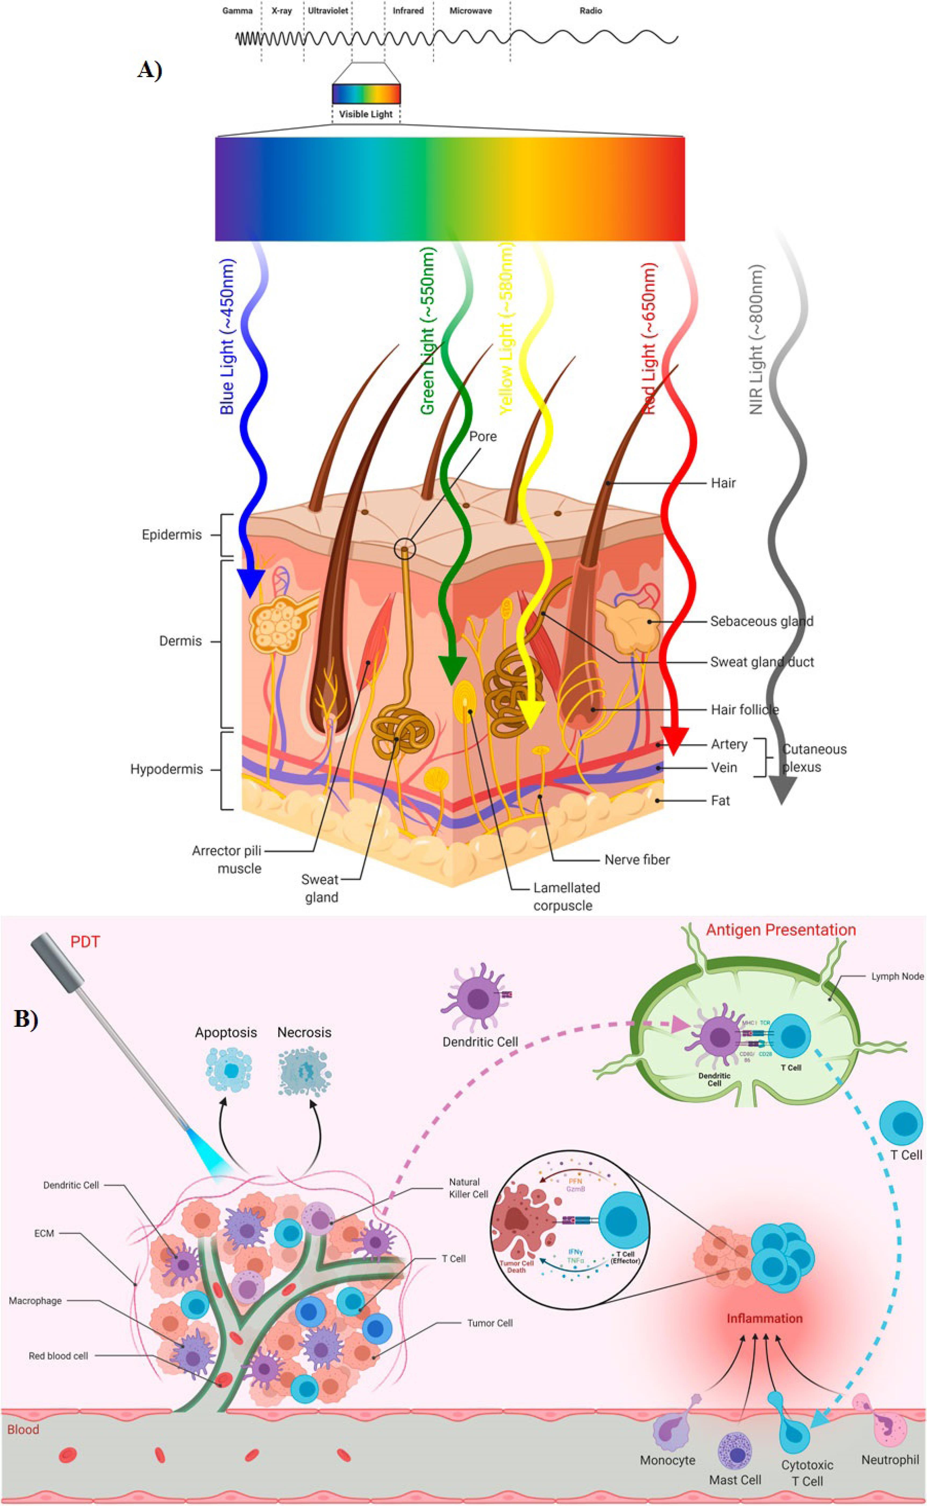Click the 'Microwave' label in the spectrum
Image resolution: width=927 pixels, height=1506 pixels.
click(470, 11)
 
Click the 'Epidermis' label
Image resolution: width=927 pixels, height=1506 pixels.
click(172, 535)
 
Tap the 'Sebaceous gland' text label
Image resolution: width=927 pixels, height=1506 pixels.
click(761, 621)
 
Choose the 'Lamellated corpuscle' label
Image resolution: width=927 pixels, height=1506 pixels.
click(566, 896)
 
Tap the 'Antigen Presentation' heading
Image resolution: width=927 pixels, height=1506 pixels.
click(781, 930)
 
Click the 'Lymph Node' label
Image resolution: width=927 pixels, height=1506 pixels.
click(897, 976)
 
